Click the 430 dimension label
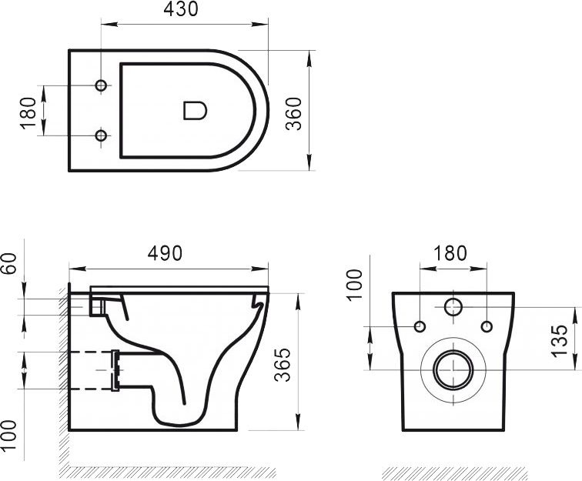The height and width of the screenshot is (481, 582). click(x=181, y=9)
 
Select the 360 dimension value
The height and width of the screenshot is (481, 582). click(x=293, y=114)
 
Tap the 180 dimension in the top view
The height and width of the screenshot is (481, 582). click(x=28, y=113)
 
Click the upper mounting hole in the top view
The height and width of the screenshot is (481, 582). click(x=101, y=85)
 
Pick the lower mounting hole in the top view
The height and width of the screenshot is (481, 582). click(x=101, y=135)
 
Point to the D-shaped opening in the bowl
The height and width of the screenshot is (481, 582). click(x=195, y=111)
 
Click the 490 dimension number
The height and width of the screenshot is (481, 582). click(x=165, y=253)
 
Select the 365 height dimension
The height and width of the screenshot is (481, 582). click(x=283, y=365)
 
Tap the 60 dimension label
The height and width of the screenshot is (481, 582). click(x=9, y=263)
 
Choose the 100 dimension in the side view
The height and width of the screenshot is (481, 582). click(x=9, y=436)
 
